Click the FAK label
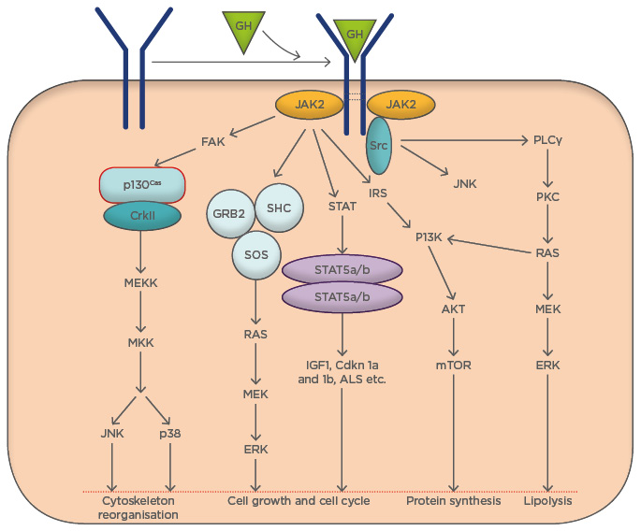(x=212, y=143)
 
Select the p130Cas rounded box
(x=141, y=184)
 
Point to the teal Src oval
(x=378, y=145)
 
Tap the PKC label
(x=547, y=197)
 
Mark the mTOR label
(x=454, y=366)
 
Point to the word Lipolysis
(x=547, y=502)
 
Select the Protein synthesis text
(x=454, y=502)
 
